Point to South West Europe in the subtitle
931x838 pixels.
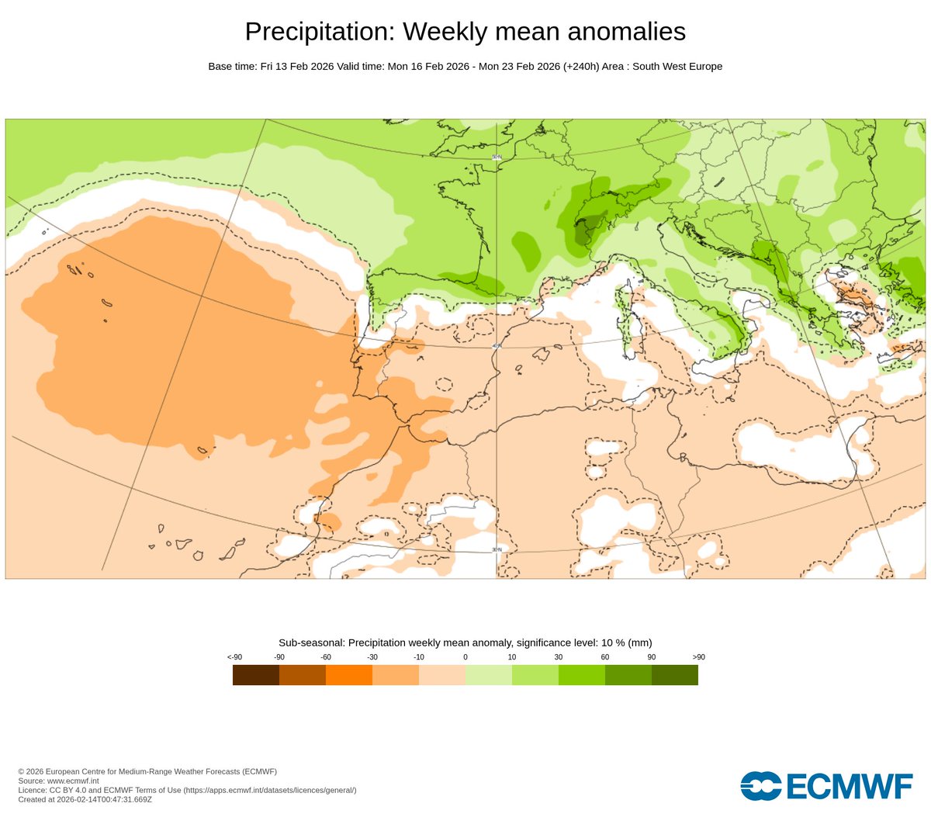(677, 67)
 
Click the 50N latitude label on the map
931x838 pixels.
(497, 158)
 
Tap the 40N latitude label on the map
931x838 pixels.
(497, 347)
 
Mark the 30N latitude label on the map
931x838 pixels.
(497, 549)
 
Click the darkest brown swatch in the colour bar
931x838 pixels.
(255, 675)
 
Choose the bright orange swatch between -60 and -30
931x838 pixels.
(348, 675)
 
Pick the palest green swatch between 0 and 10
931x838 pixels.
(488, 675)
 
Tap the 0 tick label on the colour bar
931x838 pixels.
(465, 657)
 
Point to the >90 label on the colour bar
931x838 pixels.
(697, 657)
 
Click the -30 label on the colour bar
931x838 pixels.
(372, 657)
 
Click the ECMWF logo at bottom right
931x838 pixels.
(826, 785)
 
